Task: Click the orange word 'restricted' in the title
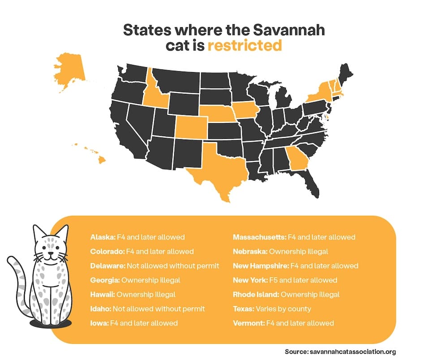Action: click(x=245, y=45)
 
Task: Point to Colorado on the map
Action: click(x=191, y=127)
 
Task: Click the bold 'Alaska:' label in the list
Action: click(x=103, y=237)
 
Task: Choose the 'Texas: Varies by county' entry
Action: click(x=272, y=309)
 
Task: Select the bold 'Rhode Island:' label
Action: click(x=256, y=294)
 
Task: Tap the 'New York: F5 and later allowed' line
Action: click(x=285, y=280)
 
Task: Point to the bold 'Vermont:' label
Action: click(x=249, y=323)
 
